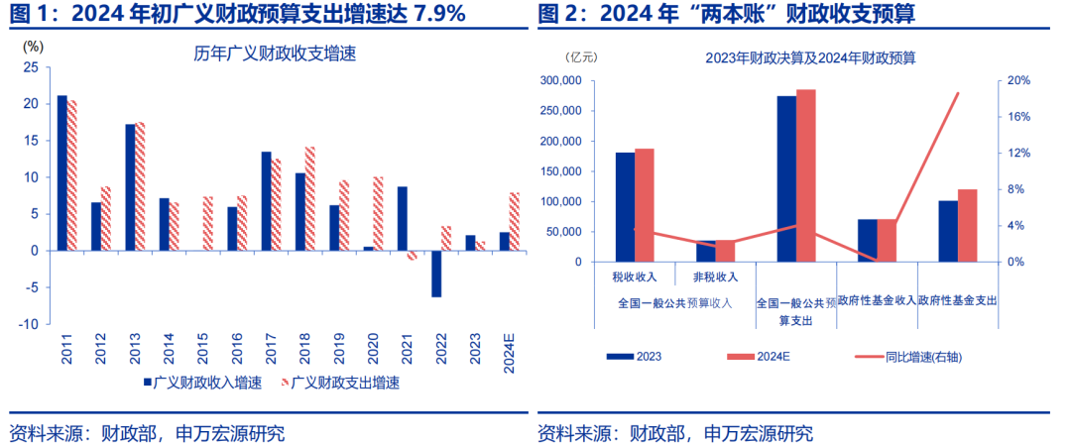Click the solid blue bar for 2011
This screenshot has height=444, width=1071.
[x=61, y=172]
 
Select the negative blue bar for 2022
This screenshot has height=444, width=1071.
[x=436, y=274]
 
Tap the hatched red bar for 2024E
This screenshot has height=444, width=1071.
[x=515, y=221]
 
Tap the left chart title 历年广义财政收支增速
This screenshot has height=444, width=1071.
[x=275, y=55]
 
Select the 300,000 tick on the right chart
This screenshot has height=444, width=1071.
[x=559, y=80]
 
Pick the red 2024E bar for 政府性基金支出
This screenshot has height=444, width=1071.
[x=967, y=225]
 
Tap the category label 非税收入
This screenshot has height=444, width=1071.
[x=715, y=277]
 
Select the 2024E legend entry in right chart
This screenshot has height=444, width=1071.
[x=774, y=356]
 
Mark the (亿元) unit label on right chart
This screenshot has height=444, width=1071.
[x=583, y=57]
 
